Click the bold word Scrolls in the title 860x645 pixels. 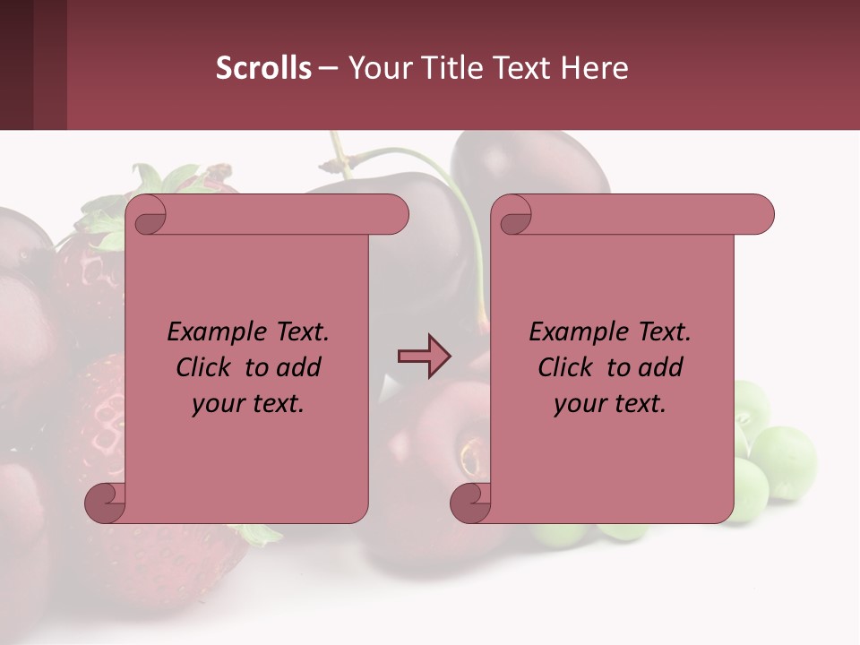264,68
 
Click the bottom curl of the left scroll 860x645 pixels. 106,503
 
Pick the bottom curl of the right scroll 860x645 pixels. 470,503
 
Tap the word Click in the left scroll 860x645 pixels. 202,368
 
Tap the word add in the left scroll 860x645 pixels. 299,368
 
